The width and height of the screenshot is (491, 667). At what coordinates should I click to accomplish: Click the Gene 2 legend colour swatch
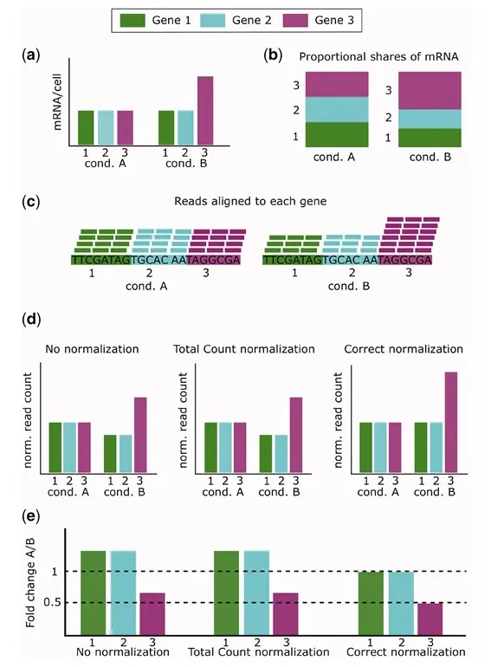click(212, 20)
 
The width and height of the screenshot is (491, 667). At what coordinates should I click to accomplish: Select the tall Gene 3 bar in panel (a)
click(205, 111)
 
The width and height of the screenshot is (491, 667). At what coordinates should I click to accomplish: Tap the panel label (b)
click(273, 55)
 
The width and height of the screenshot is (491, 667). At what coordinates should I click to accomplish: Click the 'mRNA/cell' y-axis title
click(57, 102)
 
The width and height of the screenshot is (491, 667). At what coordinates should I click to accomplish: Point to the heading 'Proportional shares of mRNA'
click(378, 56)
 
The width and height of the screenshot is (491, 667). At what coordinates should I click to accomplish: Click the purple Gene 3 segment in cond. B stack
click(430, 91)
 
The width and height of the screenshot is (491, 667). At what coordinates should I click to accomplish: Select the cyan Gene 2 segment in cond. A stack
click(337, 109)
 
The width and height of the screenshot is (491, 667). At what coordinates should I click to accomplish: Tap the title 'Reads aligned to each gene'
click(250, 201)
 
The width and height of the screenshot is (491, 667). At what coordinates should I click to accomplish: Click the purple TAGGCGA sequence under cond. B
click(404, 260)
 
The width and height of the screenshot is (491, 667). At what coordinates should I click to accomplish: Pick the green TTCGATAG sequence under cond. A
click(101, 260)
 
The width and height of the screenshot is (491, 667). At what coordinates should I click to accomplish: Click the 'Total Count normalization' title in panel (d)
click(244, 349)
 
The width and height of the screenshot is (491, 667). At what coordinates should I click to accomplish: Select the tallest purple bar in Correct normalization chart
click(451, 423)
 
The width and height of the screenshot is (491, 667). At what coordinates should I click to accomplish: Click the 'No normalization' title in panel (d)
click(92, 349)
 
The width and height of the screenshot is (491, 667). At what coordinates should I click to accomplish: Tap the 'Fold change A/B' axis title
click(30, 582)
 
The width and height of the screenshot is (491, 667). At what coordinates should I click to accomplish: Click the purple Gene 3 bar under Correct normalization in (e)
click(430, 619)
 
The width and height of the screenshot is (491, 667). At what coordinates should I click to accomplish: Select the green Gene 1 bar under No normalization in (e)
click(94, 593)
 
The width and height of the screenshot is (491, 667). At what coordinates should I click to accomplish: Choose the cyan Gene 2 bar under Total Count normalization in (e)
click(257, 593)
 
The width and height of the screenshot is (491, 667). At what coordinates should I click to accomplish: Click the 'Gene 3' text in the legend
click(334, 20)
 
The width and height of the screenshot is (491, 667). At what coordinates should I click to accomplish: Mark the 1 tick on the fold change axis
click(55, 572)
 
